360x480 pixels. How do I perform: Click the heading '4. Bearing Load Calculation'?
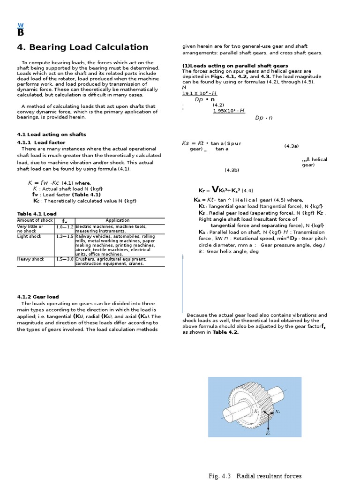(x=82, y=47)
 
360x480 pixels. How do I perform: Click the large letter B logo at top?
(x=20, y=32)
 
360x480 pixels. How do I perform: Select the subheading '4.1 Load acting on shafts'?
(x=52, y=135)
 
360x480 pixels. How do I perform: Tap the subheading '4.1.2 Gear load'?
(x=38, y=297)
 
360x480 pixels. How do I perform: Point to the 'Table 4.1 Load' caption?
(x=37, y=214)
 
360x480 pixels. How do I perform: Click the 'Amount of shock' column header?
(x=35, y=220)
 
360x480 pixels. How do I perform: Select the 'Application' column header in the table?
(x=118, y=220)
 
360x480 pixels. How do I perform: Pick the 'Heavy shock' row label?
(x=30, y=259)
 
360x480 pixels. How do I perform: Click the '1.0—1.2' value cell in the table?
(x=65, y=227)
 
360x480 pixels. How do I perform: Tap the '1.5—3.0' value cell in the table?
(x=65, y=259)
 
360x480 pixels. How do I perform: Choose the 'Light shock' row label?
(x=30, y=237)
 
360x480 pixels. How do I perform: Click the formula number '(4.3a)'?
(x=292, y=146)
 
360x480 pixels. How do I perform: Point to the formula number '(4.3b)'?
(x=232, y=170)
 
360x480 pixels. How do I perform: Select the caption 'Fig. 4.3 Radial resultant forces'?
(x=255, y=476)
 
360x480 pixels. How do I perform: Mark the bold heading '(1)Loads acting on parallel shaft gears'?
(x=235, y=66)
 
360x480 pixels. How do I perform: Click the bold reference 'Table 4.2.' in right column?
(x=225, y=332)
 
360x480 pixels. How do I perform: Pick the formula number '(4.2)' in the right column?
(x=218, y=105)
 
